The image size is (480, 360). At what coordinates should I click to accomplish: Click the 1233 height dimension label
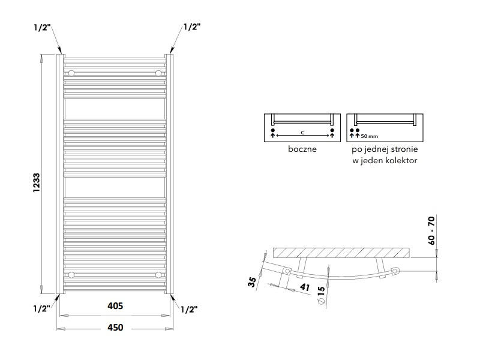coord(37,183)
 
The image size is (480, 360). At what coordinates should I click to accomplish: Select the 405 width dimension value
coord(115,306)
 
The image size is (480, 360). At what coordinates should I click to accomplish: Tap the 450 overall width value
coord(115,328)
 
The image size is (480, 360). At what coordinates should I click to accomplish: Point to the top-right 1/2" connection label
coord(192,27)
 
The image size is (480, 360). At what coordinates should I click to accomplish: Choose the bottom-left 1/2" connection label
coord(41,308)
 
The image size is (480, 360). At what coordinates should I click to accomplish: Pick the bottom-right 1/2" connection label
coord(189,310)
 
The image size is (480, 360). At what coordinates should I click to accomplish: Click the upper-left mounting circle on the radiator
coord(71,73)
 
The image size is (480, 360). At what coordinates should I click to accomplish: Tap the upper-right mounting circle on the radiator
coord(158,73)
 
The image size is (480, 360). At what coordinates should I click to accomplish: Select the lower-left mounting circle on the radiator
coord(71,275)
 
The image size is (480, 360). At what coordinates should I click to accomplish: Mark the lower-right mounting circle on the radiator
coord(158,275)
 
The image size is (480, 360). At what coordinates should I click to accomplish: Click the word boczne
coord(302,149)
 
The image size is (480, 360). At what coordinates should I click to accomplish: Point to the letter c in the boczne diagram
coord(302,133)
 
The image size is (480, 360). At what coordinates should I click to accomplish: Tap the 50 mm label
coord(369,136)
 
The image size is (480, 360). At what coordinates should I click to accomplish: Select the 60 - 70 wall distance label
coord(431,230)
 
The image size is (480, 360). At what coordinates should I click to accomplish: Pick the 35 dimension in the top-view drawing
coord(252,282)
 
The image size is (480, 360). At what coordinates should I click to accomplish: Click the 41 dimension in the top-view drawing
coord(305,287)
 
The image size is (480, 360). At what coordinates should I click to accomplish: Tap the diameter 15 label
coord(321,295)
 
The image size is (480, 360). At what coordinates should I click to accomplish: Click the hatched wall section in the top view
coord(341,253)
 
